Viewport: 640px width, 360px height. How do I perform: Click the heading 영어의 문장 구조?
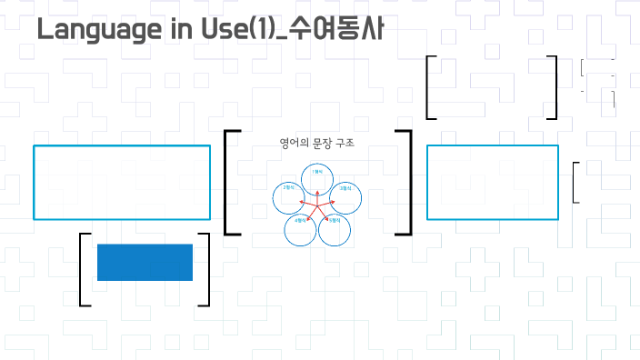pos(317,144)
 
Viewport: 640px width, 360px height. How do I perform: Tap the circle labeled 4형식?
pos(301,230)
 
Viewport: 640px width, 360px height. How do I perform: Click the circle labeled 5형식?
pos(334,230)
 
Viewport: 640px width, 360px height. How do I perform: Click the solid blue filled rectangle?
pos(145,262)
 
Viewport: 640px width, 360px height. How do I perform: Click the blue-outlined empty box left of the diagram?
pos(122,182)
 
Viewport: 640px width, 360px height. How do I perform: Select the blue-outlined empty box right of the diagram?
pos(492,182)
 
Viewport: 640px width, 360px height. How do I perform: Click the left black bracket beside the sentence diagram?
pos(226,182)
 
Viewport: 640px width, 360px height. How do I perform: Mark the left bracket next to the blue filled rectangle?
pos(82,270)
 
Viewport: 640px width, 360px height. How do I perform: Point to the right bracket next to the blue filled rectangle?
pos(207,270)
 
